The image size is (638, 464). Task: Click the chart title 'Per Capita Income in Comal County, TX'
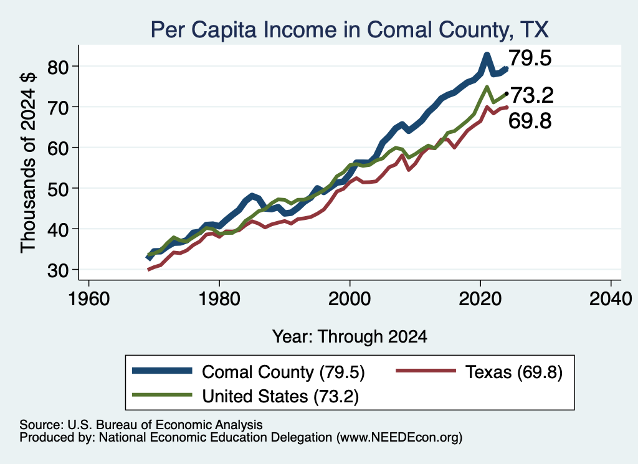350,30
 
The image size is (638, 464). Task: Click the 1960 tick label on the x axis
88,299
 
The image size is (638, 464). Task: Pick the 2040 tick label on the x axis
611,299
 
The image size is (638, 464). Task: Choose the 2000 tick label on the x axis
350,299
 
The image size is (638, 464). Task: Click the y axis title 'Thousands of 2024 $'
28,163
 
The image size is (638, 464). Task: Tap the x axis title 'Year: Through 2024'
350,337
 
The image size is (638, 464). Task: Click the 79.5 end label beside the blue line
530,58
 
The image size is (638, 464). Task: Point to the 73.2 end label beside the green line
532,95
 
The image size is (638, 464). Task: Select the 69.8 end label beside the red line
530,121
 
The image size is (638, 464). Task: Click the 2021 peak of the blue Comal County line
487,54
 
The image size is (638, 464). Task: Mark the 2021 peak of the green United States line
487,87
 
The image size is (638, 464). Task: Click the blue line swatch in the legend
162,371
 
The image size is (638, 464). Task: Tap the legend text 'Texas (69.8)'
514,372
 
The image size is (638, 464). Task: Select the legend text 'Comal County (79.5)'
283,372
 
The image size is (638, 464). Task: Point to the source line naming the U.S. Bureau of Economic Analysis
141,425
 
